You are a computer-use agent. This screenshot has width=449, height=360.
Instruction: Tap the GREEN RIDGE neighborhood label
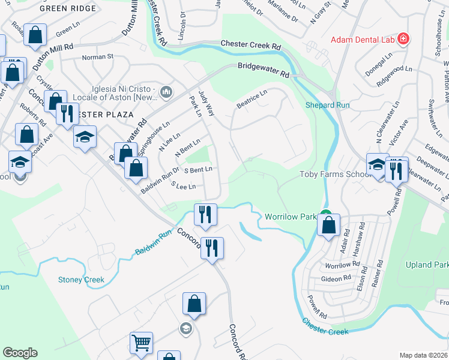[x=67, y=9]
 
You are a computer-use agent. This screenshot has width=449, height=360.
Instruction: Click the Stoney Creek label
[x=81, y=280]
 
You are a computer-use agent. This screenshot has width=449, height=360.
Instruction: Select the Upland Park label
[x=427, y=265]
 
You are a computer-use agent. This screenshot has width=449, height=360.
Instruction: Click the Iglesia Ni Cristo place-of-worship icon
[x=166, y=91]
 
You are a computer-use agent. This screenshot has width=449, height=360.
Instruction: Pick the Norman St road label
[x=97, y=57]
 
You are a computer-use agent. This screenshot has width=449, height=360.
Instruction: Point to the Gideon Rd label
[x=336, y=278]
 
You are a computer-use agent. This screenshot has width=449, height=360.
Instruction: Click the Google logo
[x=20, y=352]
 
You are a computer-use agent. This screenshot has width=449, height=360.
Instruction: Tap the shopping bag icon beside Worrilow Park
[x=328, y=226]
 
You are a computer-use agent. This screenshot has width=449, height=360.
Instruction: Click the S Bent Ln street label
[x=198, y=170]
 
